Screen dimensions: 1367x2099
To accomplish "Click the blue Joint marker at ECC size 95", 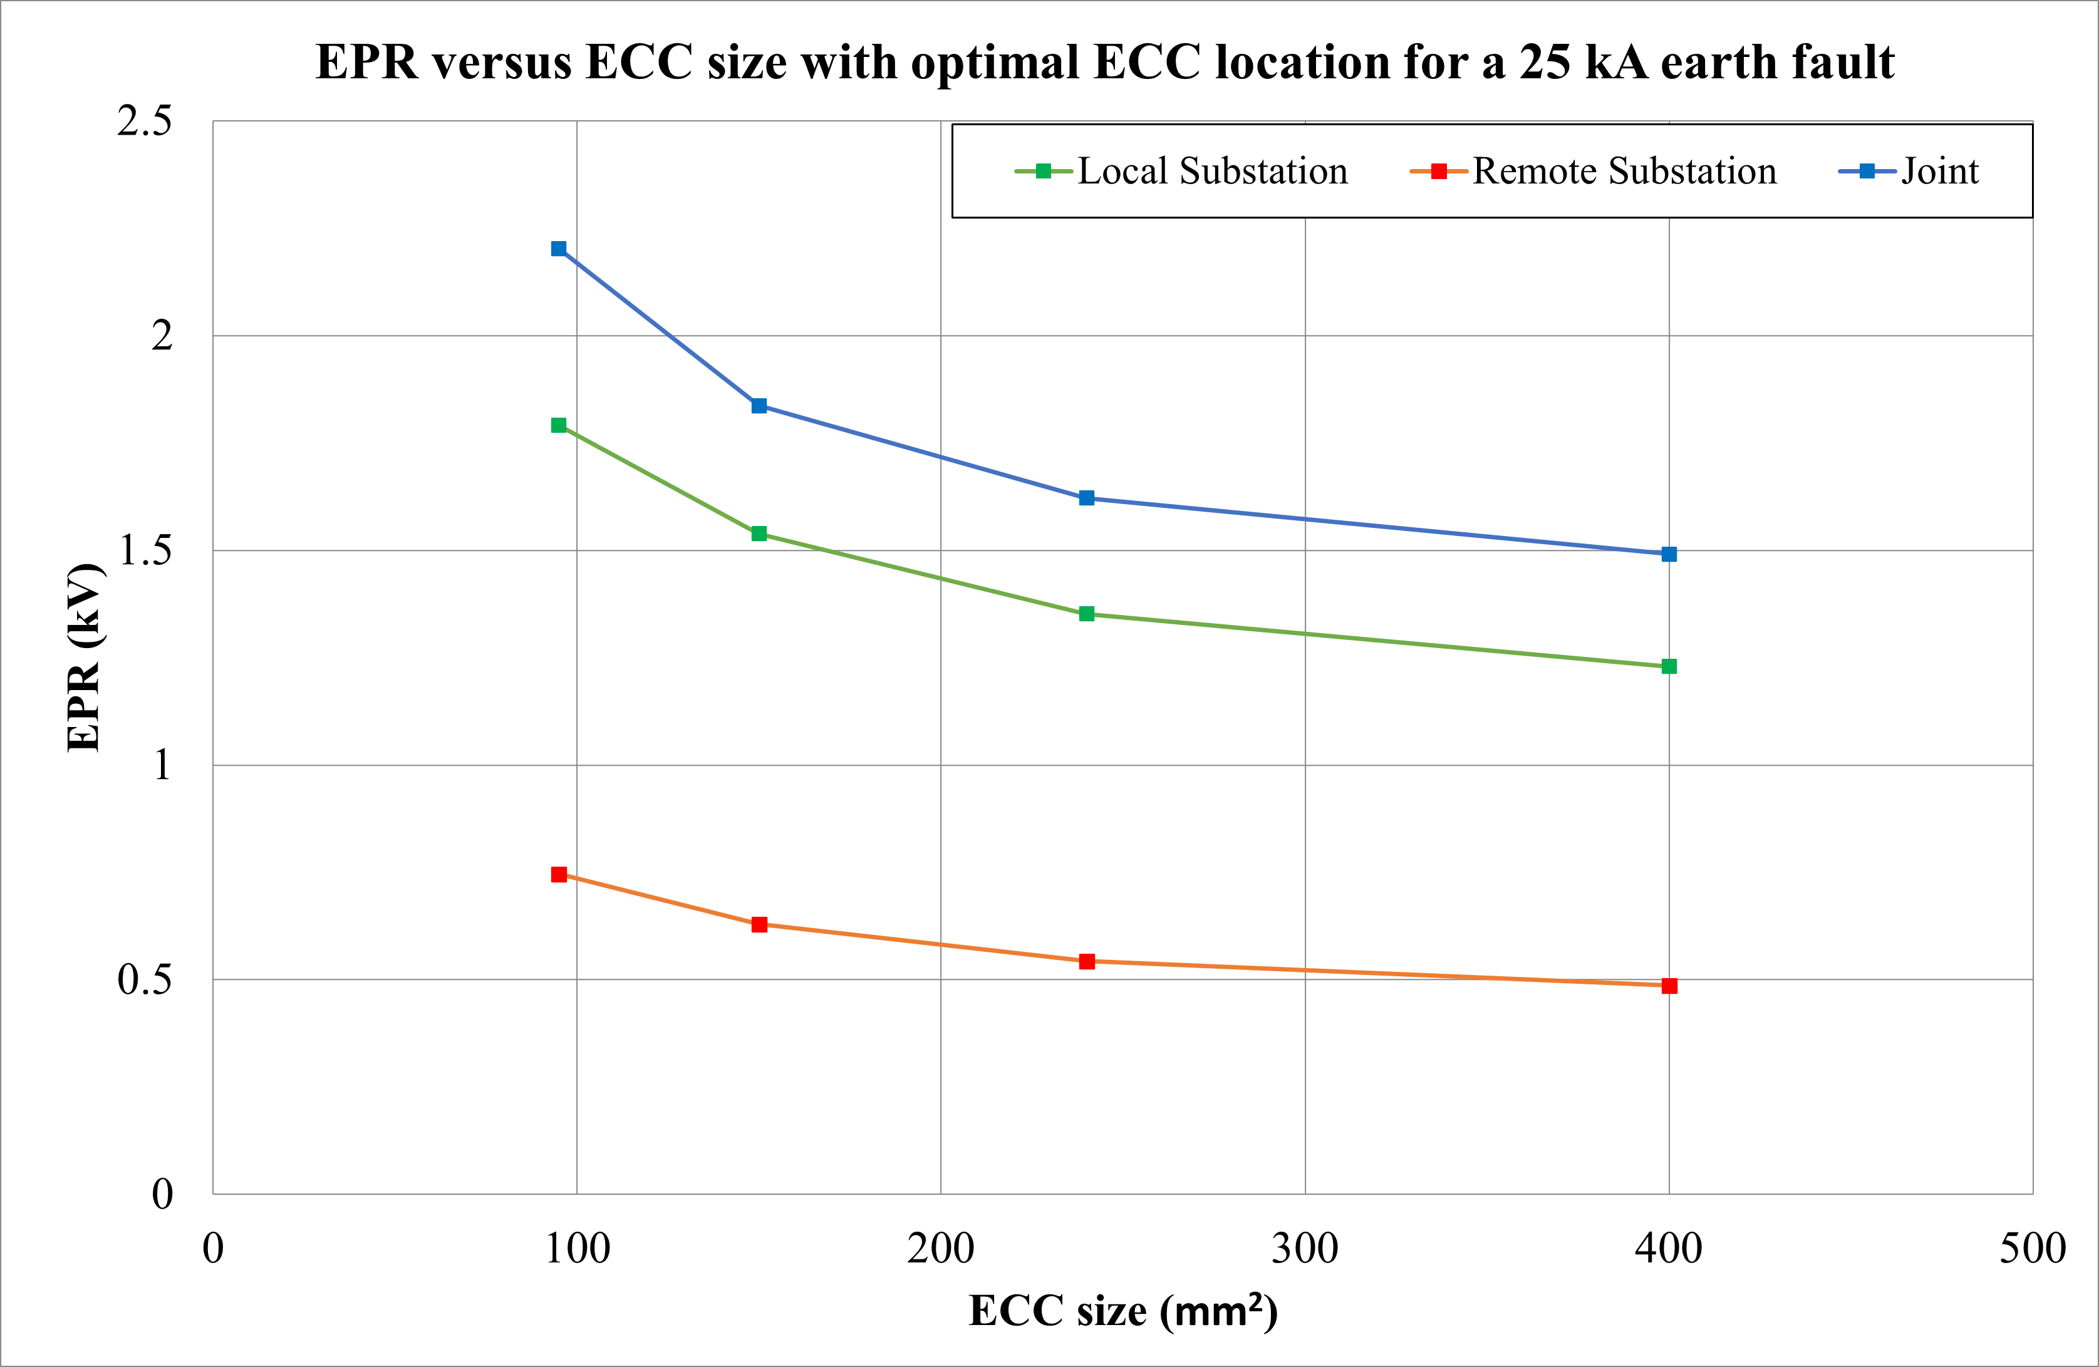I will [x=558, y=249].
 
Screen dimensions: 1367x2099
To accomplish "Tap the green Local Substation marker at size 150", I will [x=759, y=534].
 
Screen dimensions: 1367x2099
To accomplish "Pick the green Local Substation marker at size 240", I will [x=1087, y=614].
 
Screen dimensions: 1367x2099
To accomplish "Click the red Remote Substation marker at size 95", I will [x=558, y=874].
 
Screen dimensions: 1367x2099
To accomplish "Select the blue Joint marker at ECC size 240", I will [x=1087, y=498].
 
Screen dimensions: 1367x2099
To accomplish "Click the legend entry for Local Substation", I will [x=1182, y=171].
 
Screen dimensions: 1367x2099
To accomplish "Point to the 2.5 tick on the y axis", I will [x=145, y=121].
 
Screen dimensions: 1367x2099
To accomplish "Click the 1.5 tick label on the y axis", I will [x=145, y=550].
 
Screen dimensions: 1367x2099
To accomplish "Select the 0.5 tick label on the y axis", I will [x=145, y=979].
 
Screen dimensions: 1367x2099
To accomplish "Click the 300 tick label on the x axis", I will [x=1304, y=1249].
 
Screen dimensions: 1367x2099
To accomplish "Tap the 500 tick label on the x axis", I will [x=2032, y=1249].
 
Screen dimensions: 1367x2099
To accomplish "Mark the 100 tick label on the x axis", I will [x=577, y=1249].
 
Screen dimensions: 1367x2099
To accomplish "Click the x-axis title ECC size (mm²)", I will [x=1122, y=1311].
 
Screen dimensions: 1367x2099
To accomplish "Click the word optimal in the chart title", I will [x=994, y=63].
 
